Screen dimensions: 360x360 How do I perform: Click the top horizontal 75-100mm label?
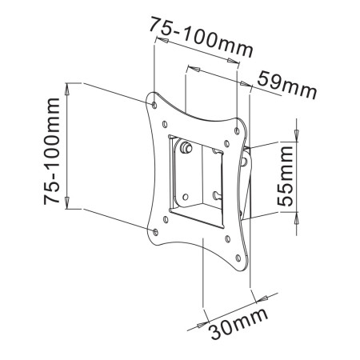tap(201, 35)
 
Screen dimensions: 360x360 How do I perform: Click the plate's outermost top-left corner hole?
tap(154, 102)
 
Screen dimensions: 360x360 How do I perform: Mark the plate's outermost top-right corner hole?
tap(238, 125)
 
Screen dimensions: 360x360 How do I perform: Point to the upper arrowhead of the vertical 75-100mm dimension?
tap(68, 87)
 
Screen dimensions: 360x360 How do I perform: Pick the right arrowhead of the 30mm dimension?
tap(260, 298)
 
